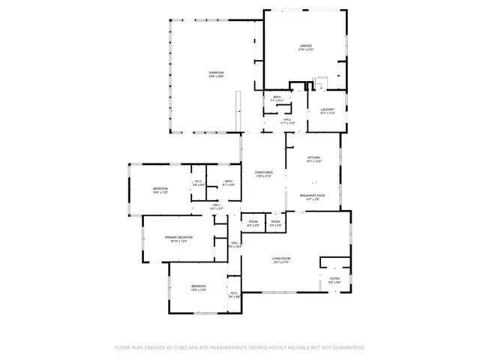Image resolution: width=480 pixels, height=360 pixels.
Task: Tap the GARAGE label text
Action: pos(305,46)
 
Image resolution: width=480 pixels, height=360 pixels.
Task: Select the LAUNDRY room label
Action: pos(327,109)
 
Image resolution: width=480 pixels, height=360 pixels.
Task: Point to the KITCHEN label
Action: pos(313,157)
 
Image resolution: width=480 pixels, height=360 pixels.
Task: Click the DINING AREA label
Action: pos(263,172)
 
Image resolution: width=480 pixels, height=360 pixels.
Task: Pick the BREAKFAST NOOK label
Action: pos(313,196)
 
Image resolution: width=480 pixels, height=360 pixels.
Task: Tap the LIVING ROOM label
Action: pos(281,258)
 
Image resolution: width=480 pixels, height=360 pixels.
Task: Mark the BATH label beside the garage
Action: pos(277,97)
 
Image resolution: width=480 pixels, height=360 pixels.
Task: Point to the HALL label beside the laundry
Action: pos(287,119)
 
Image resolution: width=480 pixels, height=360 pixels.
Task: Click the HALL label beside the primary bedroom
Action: pos(234,243)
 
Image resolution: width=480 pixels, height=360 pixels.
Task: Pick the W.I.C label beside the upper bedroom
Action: pos(199,181)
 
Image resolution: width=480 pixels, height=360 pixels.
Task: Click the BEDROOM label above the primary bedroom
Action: pos(160,188)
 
